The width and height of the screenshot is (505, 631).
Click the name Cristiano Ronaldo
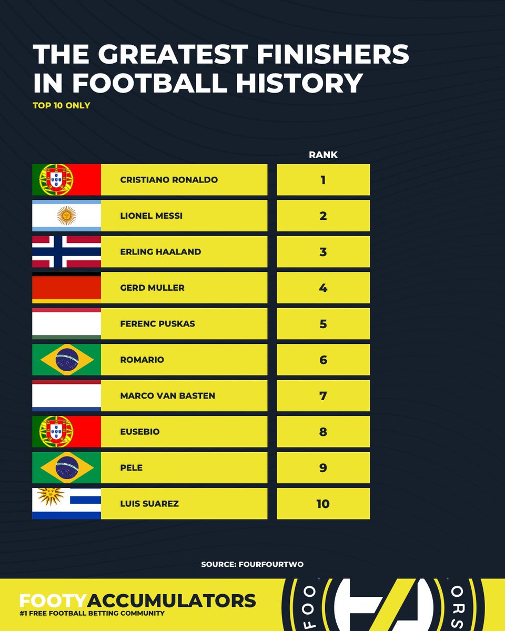tap(168, 180)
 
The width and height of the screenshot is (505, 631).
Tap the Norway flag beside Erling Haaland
tap(66, 252)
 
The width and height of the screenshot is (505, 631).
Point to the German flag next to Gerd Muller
tap(66, 288)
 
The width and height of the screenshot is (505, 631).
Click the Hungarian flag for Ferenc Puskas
tap(66, 324)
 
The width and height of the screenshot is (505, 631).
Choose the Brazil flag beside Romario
tap(66, 360)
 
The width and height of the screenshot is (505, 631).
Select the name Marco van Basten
tap(167, 395)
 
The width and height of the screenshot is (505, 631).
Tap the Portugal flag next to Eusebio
tap(66, 432)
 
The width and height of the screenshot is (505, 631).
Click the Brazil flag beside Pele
tap(66, 467)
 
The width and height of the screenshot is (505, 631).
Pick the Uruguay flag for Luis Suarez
tap(66, 504)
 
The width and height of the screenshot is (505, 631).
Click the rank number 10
tap(323, 504)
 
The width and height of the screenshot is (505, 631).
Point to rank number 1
tap(323, 180)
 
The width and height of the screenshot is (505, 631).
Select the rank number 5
tap(323, 324)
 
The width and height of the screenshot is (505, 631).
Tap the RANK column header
tap(323, 155)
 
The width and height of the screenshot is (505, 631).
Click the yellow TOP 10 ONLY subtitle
tap(61, 105)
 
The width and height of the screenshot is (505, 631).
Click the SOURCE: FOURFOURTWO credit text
tap(252, 564)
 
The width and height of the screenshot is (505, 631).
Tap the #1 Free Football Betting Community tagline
tap(92, 614)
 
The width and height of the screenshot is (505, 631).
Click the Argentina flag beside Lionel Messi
tap(66, 216)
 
